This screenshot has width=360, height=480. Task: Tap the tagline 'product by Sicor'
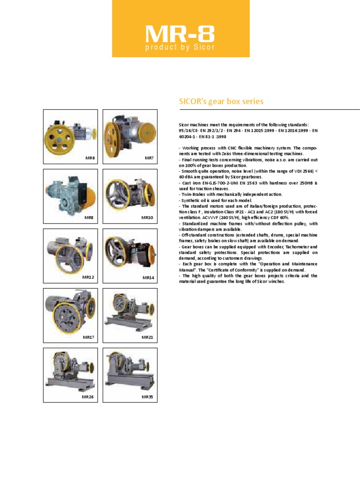click(180, 47)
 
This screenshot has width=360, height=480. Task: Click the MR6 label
click(90, 158)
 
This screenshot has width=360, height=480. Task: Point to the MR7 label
click(149, 158)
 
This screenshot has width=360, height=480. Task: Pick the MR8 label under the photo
click(89, 218)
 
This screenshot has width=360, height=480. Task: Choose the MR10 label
click(148, 218)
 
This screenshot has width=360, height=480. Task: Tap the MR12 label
click(88, 277)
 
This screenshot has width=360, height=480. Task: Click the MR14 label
click(148, 277)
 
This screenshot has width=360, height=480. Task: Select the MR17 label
click(88, 337)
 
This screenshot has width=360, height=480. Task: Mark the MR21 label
click(148, 337)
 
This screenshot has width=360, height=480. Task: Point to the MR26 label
click(88, 397)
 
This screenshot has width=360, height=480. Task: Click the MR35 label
click(148, 397)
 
